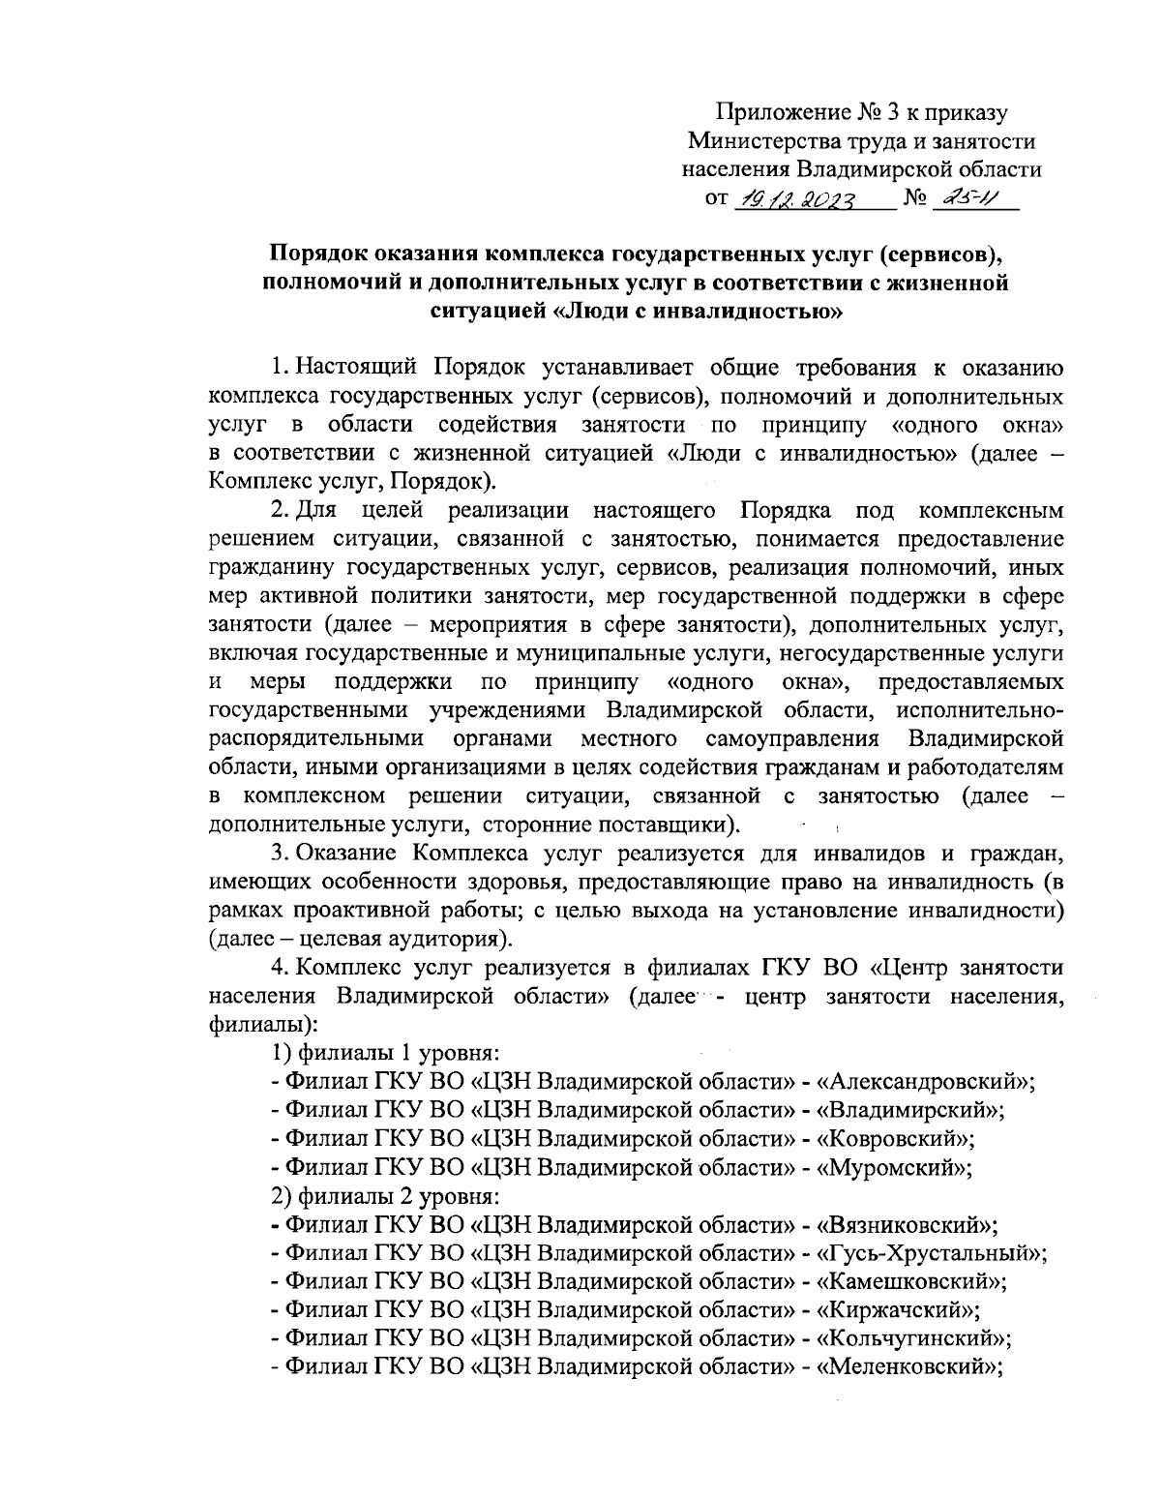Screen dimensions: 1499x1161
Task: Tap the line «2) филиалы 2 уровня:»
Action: click(x=386, y=1196)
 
